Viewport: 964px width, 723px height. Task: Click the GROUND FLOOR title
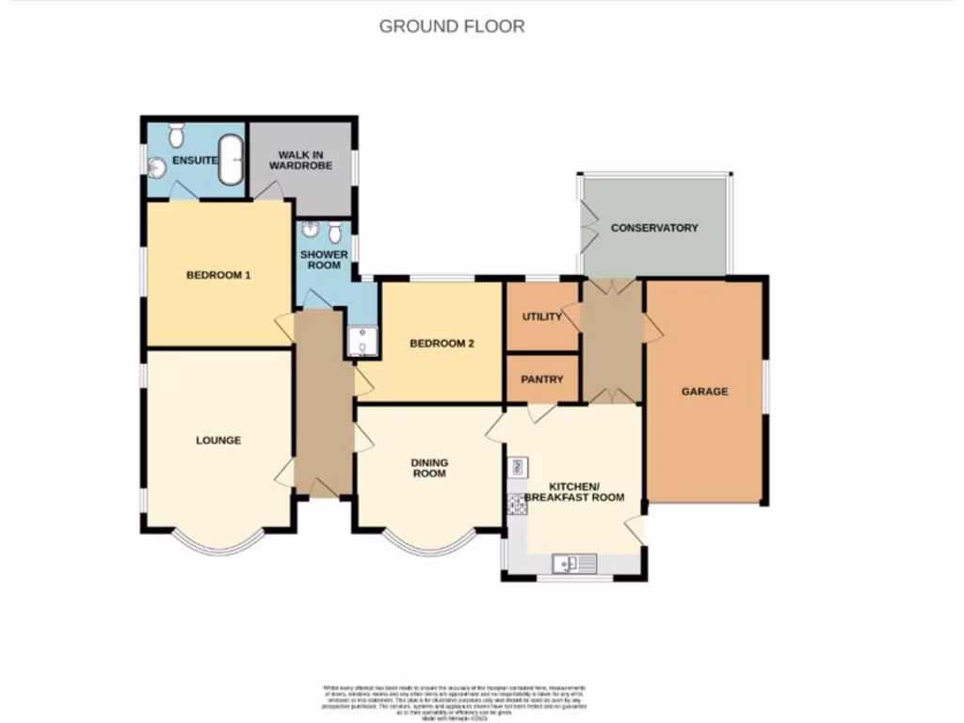coord(452,26)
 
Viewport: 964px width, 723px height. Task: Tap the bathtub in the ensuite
coord(231,160)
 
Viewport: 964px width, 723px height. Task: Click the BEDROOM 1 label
coord(217,275)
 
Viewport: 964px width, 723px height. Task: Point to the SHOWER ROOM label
coord(324,260)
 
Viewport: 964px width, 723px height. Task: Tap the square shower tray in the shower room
coord(362,341)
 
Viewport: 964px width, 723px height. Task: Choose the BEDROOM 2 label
coord(441,344)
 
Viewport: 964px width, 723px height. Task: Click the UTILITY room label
coord(541,316)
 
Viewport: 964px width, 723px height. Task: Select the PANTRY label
coord(541,379)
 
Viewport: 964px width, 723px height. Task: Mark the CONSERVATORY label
coord(654,228)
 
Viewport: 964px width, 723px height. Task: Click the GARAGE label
coord(704,392)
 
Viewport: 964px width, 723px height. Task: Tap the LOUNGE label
coord(218,440)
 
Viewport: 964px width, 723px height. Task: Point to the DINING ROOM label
coord(429,468)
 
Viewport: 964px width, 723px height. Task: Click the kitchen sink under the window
coord(574,563)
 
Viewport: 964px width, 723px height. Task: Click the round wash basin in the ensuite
coord(157,168)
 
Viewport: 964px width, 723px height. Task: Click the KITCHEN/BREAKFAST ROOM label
coord(574,490)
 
